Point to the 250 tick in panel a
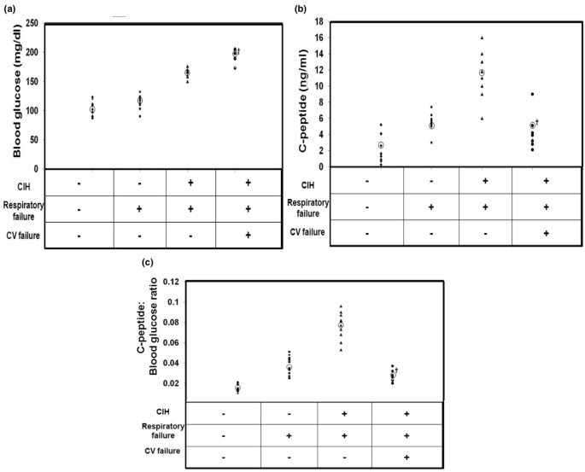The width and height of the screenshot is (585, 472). click(30, 23)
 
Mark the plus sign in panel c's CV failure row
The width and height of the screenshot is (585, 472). click(407, 457)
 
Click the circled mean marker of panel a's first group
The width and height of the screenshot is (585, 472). click(92, 109)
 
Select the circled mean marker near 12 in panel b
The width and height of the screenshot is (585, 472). click(483, 73)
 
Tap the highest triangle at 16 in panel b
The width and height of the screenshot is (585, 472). click(483, 38)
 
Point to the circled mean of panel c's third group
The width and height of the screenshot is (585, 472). click(341, 325)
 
